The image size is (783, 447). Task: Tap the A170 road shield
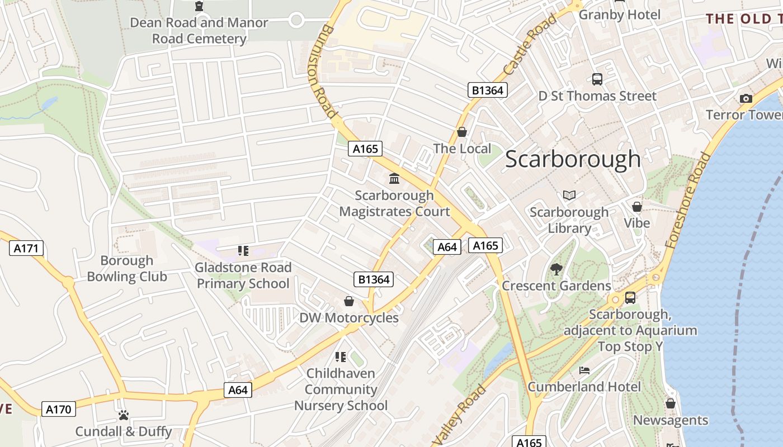pyautogui.click(x=58, y=410)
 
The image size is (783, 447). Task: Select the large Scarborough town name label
pyautogui.click(x=573, y=159)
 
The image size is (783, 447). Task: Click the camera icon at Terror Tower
pyautogui.click(x=746, y=99)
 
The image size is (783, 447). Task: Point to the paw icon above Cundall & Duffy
pyautogui.click(x=124, y=415)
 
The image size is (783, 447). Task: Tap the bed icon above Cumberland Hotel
pyautogui.click(x=584, y=370)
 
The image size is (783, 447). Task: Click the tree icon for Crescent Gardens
pyautogui.click(x=556, y=269)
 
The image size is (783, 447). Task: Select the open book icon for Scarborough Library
pyautogui.click(x=569, y=196)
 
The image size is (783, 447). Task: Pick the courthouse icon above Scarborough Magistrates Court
pyautogui.click(x=394, y=179)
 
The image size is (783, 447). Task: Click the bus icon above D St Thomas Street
pyautogui.click(x=597, y=79)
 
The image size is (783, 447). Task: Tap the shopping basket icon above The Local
pyautogui.click(x=462, y=132)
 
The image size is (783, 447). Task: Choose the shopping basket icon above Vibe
pyautogui.click(x=636, y=207)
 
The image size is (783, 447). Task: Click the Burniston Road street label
pyautogui.click(x=324, y=70)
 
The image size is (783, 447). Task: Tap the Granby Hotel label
pyautogui.click(x=619, y=15)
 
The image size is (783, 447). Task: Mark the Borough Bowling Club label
pyautogui.click(x=127, y=268)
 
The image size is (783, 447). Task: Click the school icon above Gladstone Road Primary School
pyautogui.click(x=243, y=251)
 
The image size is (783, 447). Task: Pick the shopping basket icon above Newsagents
pyautogui.click(x=670, y=403)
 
